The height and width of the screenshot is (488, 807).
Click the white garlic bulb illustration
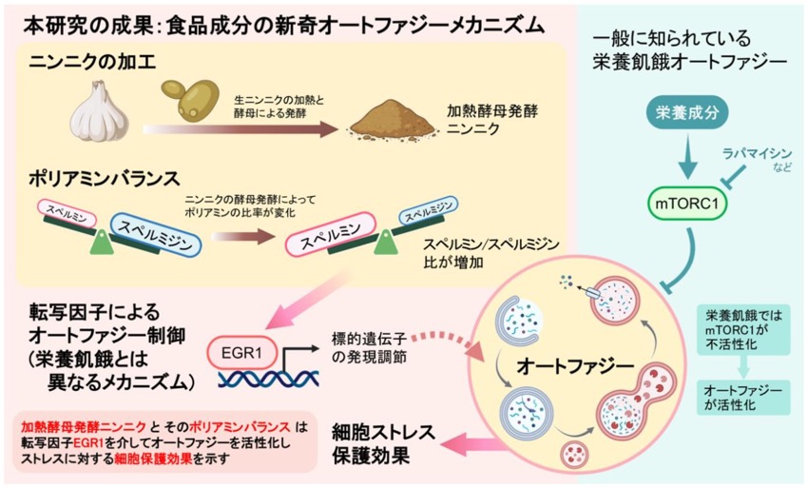[x=99, y=111]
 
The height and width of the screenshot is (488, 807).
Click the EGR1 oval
[x=241, y=354]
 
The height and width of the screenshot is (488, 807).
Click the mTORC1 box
[x=687, y=203]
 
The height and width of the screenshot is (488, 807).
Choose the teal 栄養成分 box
[x=687, y=112]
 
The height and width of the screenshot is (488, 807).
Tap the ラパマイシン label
[x=757, y=153]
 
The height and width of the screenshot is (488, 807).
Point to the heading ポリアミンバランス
[x=105, y=179]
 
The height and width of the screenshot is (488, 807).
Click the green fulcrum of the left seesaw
[x=102, y=243]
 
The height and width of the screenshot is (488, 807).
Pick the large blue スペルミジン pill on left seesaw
[x=155, y=235]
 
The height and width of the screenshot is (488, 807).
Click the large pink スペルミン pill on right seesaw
[x=331, y=234]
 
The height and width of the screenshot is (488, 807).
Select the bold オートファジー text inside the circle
[x=575, y=366]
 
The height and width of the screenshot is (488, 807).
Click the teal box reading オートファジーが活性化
[x=743, y=398]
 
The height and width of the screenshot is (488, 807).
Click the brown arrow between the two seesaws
[x=241, y=237]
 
